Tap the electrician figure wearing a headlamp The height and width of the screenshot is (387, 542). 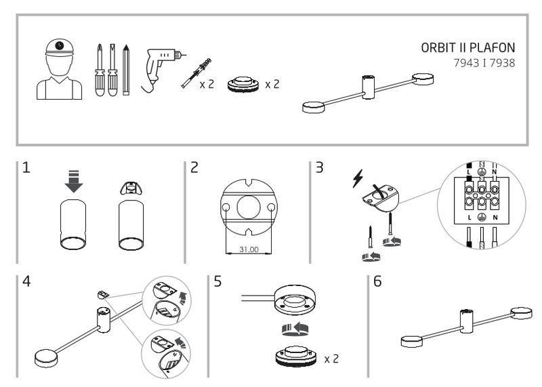point(59,68)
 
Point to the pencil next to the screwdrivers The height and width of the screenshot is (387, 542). point(126,70)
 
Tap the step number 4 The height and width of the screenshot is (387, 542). point(26,282)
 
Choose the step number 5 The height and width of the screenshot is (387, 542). point(217,282)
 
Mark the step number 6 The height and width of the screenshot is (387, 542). point(378,282)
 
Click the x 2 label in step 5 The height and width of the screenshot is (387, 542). point(332,357)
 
